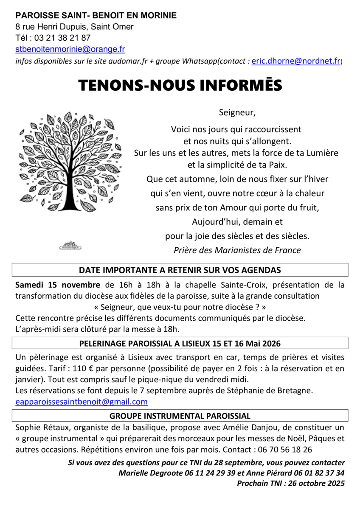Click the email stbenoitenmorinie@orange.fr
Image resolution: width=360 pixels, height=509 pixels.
pos(70,49)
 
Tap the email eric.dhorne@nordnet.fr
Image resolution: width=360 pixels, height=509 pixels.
pos(296,61)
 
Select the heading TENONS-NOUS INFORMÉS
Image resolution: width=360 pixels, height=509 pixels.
pos(180,85)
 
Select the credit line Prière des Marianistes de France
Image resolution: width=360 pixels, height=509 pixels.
pos(237,250)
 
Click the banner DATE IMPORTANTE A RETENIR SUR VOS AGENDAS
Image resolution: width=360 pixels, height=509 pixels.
pos(180,270)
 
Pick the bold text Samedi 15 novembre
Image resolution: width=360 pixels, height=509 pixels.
pos(58,284)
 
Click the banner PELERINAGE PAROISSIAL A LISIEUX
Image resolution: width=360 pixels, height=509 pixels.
pos(180,343)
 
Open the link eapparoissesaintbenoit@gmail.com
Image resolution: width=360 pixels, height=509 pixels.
pos(82,401)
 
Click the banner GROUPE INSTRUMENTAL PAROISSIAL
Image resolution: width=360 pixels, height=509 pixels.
pos(180,416)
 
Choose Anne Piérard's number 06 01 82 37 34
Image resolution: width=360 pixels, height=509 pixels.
pos(315,473)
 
